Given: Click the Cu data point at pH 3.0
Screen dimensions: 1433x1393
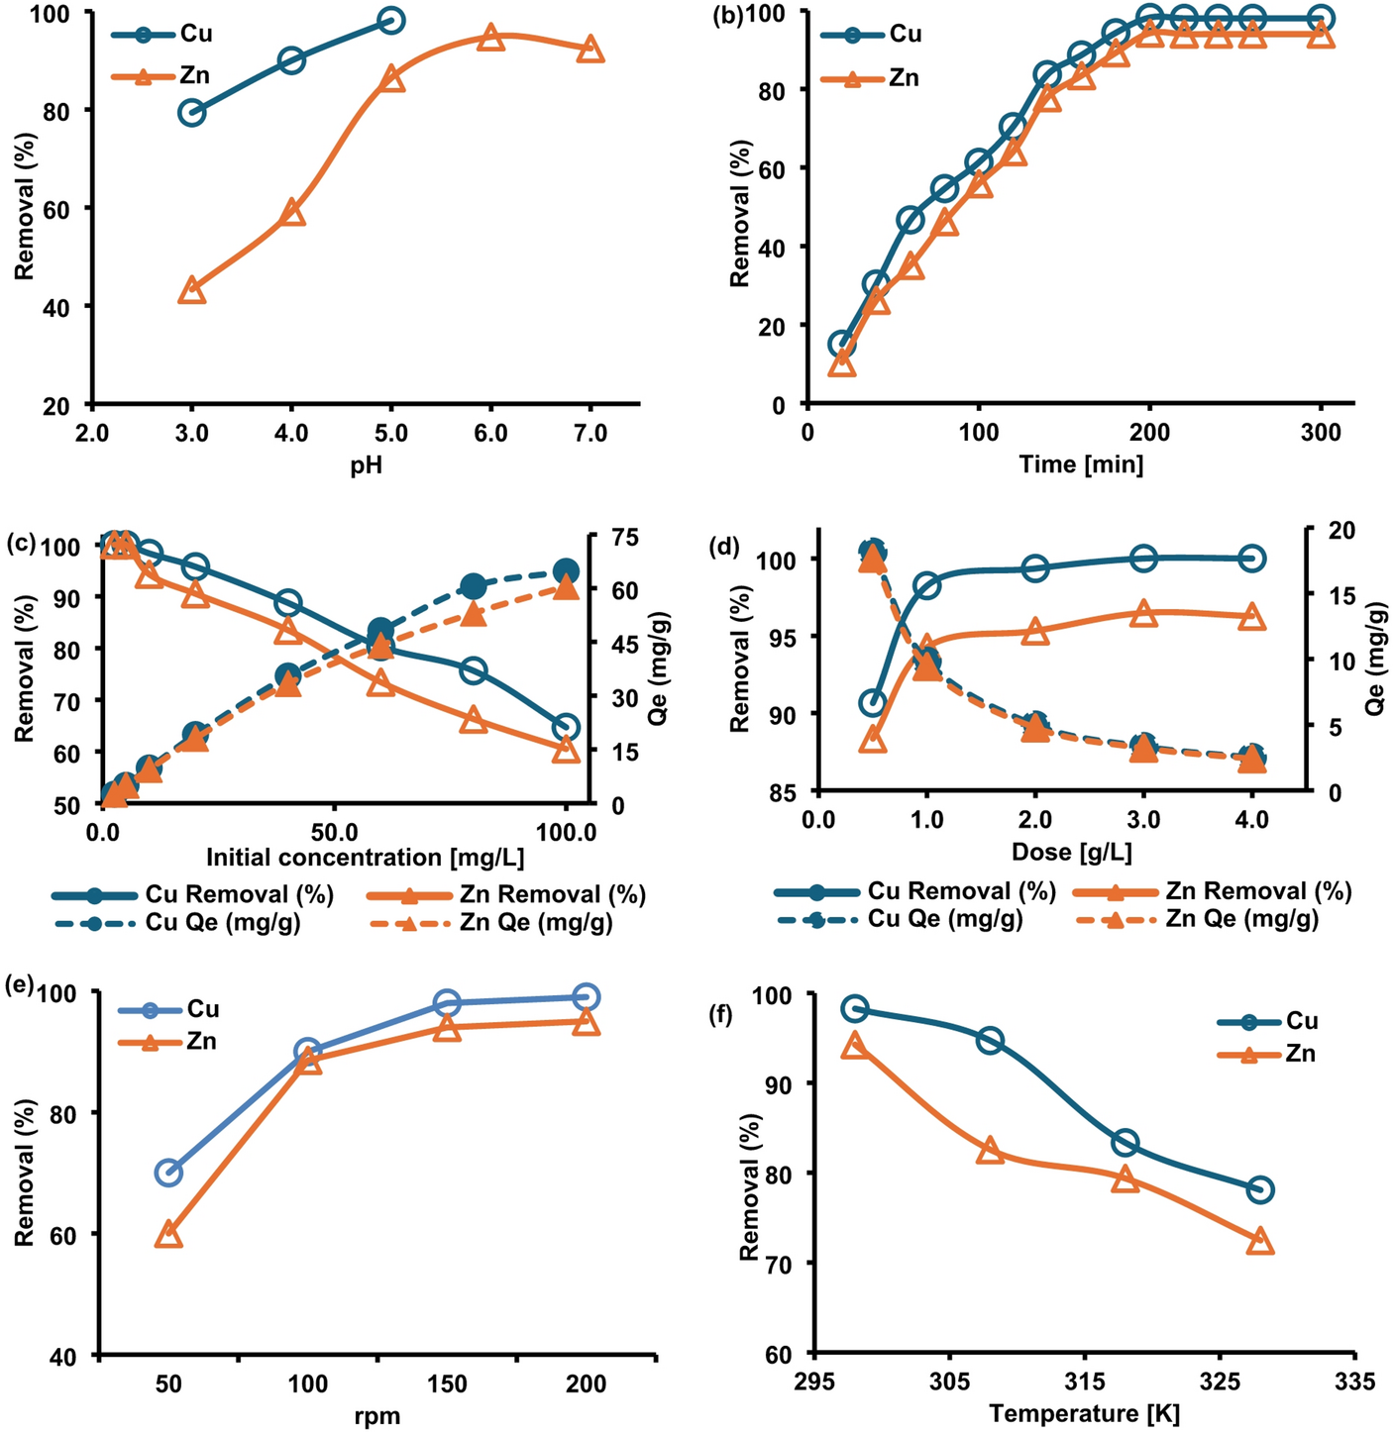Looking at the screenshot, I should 191,112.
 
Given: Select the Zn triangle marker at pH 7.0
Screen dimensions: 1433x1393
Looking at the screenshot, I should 590,49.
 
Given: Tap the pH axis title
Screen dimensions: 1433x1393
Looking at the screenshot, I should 366,465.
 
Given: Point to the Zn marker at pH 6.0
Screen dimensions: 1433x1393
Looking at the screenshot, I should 490,38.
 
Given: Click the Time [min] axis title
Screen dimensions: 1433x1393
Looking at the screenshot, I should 1081,464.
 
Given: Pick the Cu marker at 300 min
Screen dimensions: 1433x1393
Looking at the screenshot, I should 1321,19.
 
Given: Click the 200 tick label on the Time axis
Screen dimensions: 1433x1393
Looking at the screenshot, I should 1149,433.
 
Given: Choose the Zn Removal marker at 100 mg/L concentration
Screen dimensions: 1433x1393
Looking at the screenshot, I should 566,750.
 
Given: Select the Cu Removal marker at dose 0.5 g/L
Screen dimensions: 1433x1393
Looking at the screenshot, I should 873,703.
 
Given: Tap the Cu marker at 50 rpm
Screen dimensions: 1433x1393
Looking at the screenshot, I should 169,1173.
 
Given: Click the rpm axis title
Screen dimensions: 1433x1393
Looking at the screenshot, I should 377,1416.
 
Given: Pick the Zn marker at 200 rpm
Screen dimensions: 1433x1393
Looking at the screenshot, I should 586,1022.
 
